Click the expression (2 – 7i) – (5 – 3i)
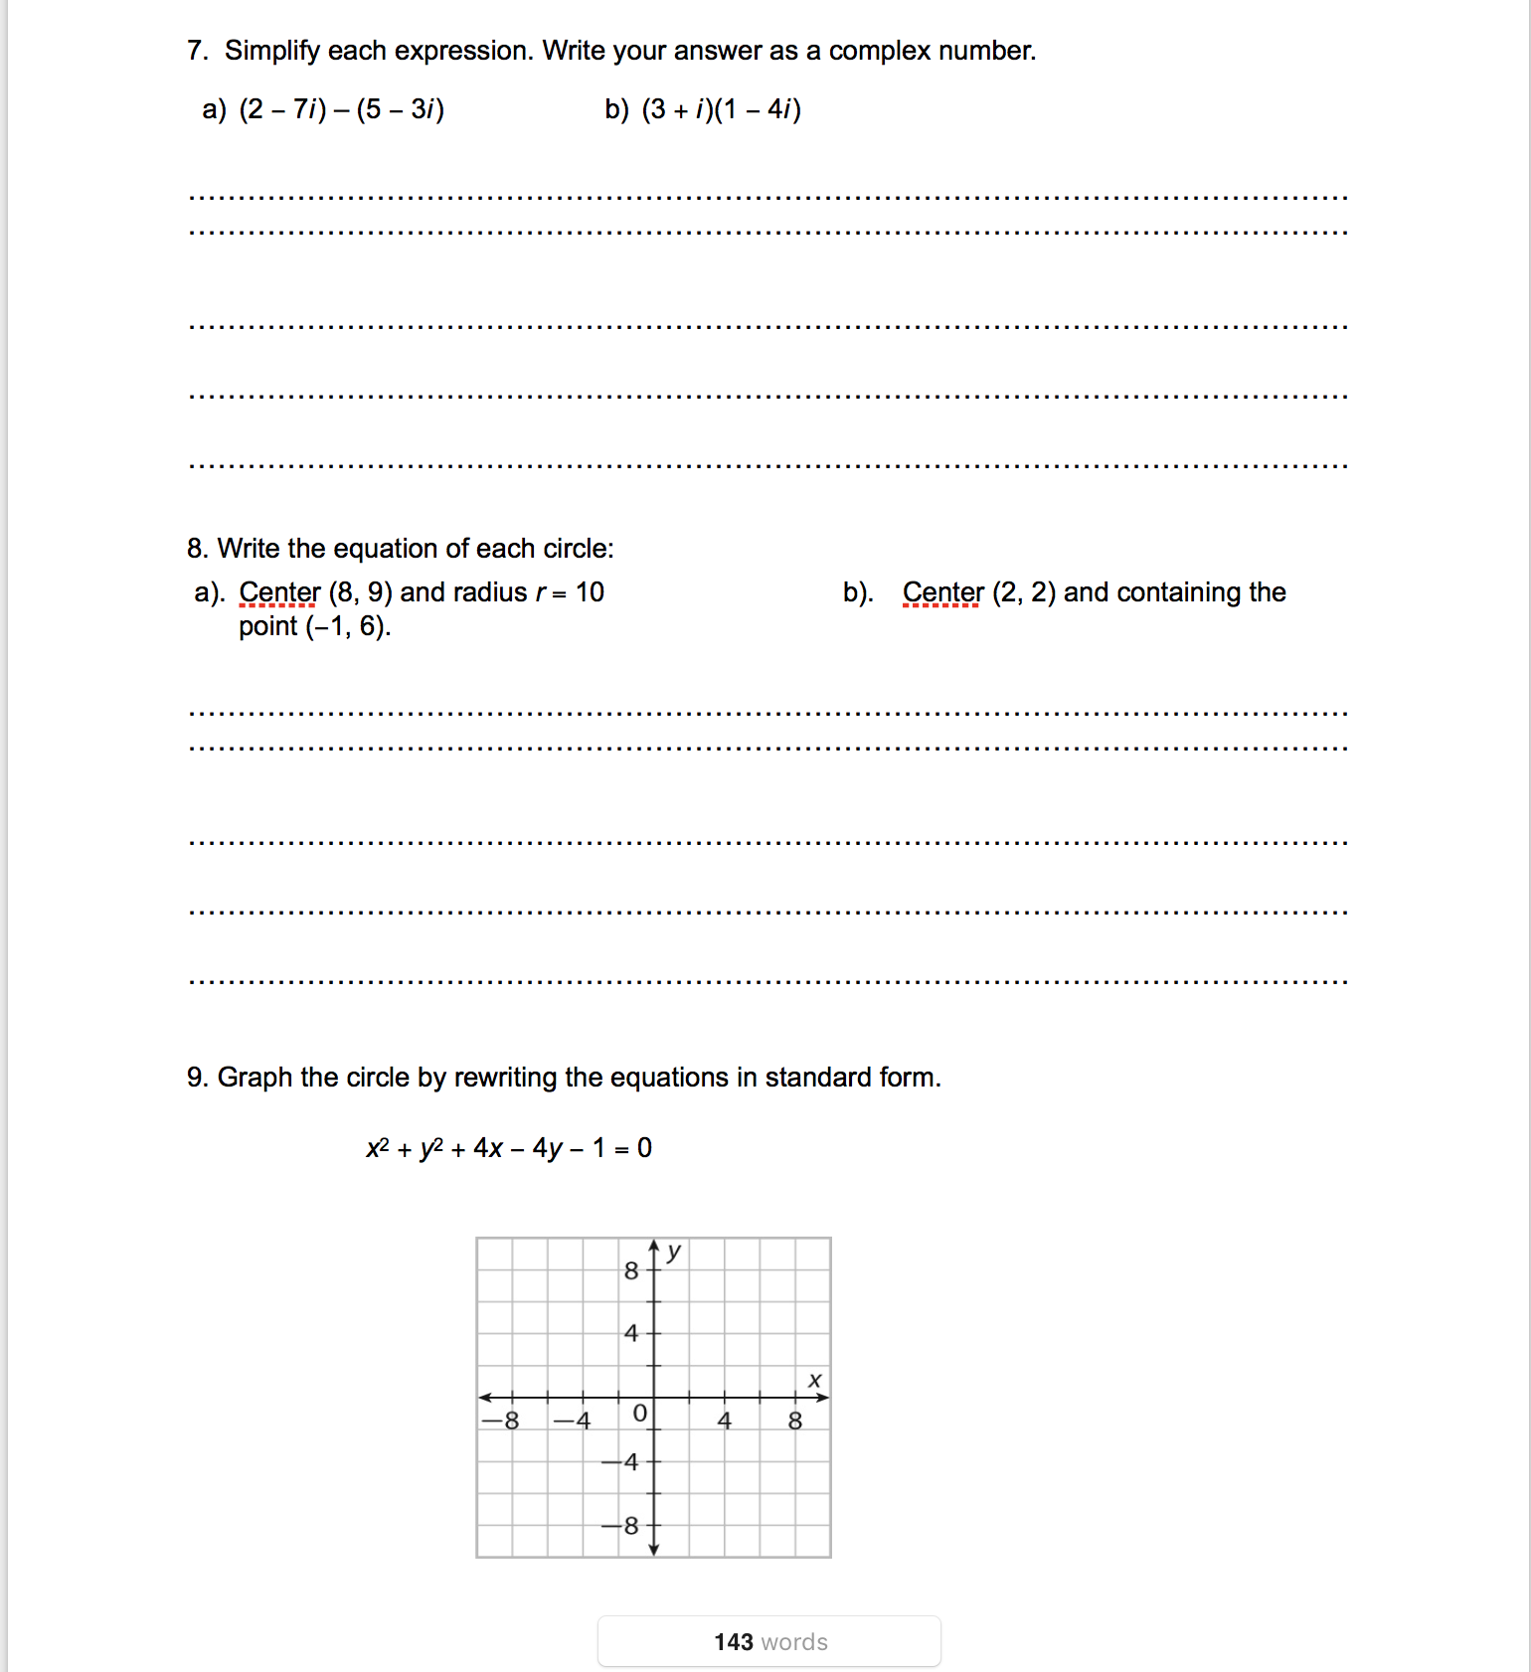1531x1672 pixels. (341, 109)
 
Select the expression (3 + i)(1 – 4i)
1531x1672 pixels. (721, 109)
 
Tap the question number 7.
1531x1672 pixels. (196, 51)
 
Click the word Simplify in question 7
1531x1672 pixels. (272, 51)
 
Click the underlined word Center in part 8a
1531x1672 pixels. (279, 592)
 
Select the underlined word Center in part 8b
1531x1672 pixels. (942, 592)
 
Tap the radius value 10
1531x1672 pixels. (590, 592)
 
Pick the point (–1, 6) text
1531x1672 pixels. (348, 626)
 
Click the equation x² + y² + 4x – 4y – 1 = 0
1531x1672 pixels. (509, 1148)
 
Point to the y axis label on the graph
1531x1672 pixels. (674, 1251)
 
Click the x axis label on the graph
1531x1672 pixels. (815, 1380)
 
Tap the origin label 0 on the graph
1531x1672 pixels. (639, 1413)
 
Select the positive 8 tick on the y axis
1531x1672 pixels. (630, 1270)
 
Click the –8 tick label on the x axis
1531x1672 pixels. (502, 1421)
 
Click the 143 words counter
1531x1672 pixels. (769, 1641)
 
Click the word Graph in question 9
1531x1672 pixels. (255, 1078)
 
